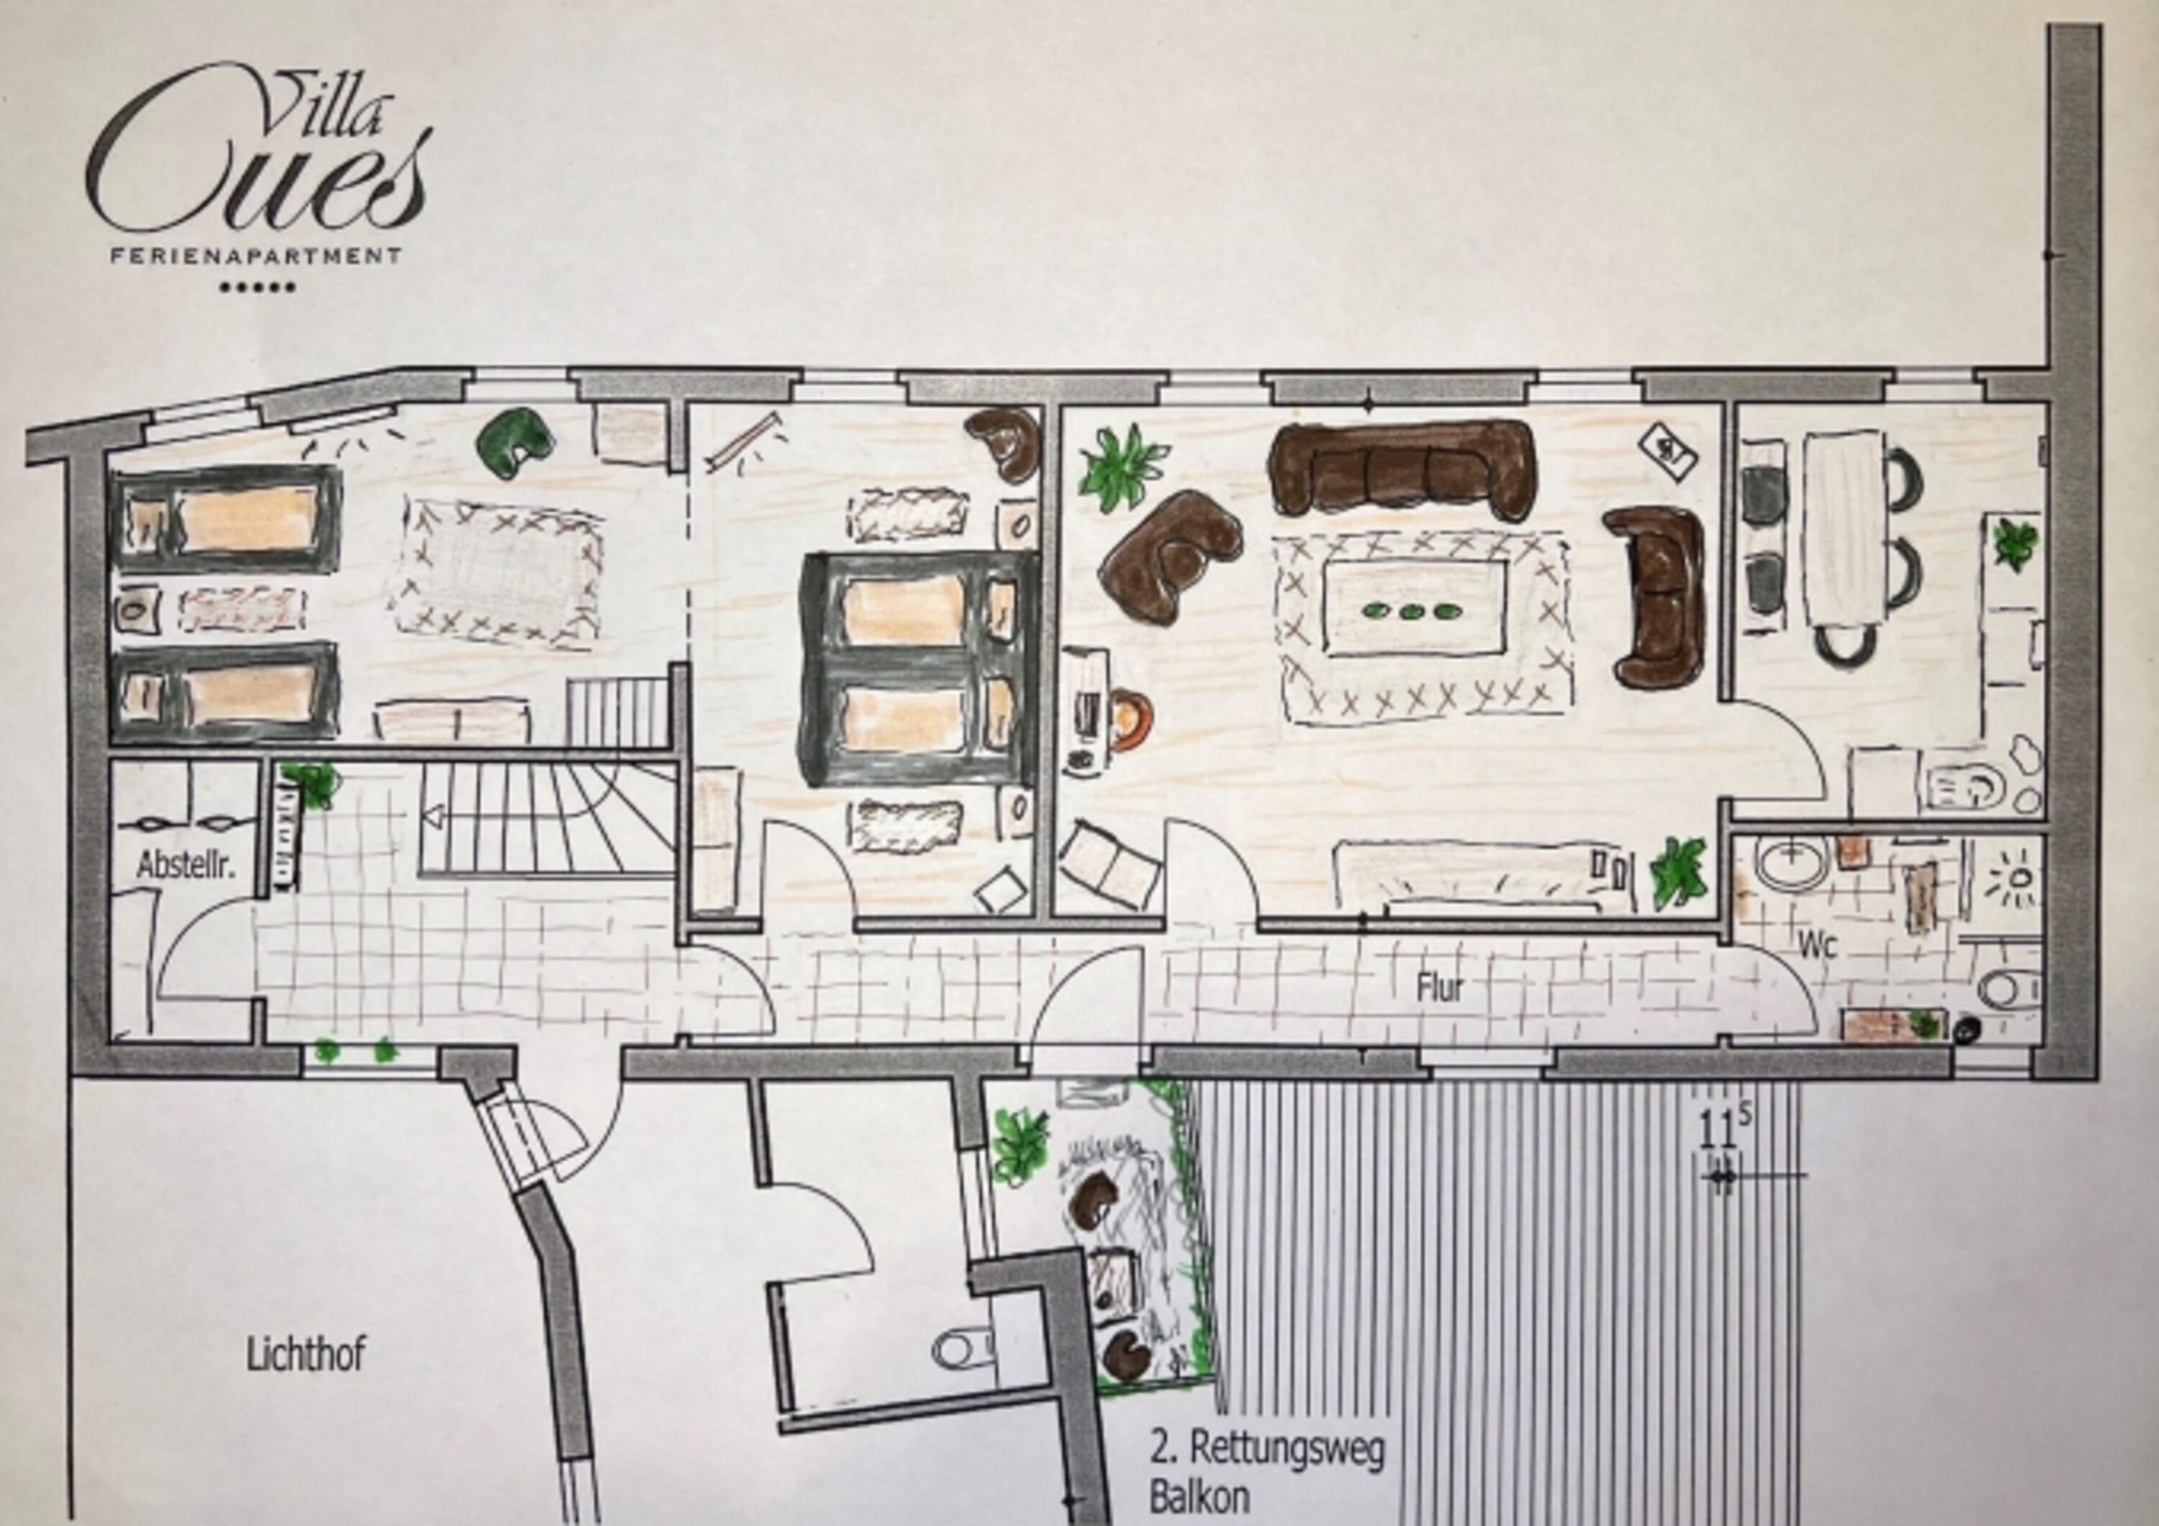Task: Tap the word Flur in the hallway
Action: (1439, 988)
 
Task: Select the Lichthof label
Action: (306, 1355)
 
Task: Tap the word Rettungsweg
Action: (1287, 1449)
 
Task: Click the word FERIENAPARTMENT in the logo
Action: (255, 255)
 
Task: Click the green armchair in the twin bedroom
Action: (515, 440)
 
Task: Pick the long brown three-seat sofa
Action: (1403, 467)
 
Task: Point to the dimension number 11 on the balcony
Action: (1716, 1131)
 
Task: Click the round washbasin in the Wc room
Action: (1791, 863)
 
